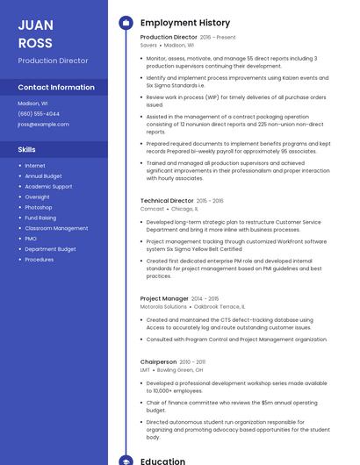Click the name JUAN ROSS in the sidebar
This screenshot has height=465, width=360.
pyautogui.click(x=35, y=33)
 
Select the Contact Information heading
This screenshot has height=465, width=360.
pyautogui.click(x=56, y=87)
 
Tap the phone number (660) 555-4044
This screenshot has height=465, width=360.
pyautogui.click(x=39, y=114)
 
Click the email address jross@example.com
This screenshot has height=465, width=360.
pyautogui.click(x=43, y=125)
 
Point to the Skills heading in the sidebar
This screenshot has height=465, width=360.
pyautogui.click(x=26, y=149)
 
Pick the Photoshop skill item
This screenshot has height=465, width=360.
pyautogui.click(x=39, y=207)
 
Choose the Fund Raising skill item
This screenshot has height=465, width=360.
pyautogui.click(x=40, y=218)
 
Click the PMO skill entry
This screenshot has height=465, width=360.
pyautogui.click(x=31, y=239)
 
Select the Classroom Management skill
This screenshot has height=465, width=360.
pyautogui.click(x=56, y=228)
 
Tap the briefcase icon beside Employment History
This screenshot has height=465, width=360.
pyautogui.click(x=126, y=22)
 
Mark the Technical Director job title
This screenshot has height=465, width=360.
pyautogui.click(x=167, y=200)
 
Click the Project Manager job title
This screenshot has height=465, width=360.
pyautogui.click(x=164, y=298)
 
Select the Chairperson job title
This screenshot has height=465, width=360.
pyautogui.click(x=158, y=361)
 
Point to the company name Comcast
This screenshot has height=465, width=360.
pyautogui.click(x=152, y=209)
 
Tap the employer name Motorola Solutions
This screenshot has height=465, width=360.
pyautogui.click(x=163, y=307)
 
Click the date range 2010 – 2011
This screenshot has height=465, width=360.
pyautogui.click(x=192, y=361)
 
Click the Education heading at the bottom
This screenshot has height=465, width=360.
pyautogui.click(x=162, y=461)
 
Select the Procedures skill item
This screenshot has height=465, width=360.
pyautogui.click(x=40, y=260)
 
